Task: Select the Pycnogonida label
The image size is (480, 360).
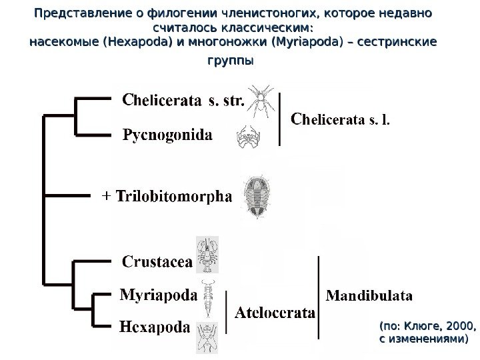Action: click(x=169, y=136)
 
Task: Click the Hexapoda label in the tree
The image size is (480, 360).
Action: click(x=155, y=327)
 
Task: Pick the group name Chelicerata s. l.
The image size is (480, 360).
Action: click(x=341, y=121)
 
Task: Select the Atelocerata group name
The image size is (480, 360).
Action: click(x=275, y=311)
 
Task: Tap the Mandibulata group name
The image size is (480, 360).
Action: click(x=369, y=294)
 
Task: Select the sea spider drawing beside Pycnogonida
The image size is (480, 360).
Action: click(x=247, y=137)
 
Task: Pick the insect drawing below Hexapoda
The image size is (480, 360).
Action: click(x=204, y=339)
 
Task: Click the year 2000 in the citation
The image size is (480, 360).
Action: click(x=453, y=327)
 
